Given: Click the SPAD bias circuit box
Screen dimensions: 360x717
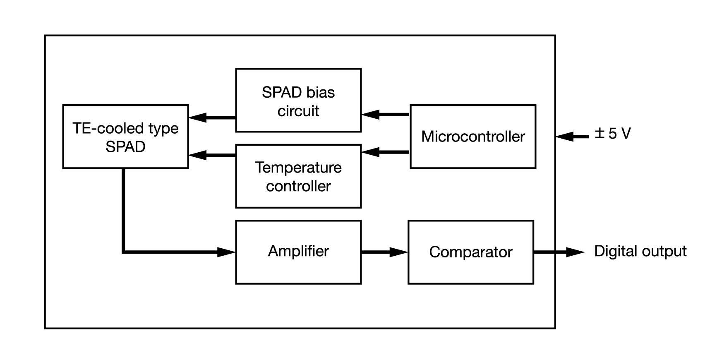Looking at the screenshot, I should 298,101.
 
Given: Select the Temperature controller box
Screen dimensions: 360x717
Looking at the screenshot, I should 298,177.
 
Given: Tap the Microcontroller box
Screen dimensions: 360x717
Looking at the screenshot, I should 472,137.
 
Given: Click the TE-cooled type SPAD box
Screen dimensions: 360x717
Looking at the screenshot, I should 125,137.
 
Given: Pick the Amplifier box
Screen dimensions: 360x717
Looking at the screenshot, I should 298,252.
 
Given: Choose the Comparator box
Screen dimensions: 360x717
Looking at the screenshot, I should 470,252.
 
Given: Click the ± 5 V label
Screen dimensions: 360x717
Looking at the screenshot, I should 613,134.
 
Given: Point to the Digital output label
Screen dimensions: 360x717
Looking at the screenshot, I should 640,251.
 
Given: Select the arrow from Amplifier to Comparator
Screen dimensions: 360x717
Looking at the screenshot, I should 384,252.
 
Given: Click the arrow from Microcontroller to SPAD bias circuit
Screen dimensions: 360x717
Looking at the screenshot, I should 385,114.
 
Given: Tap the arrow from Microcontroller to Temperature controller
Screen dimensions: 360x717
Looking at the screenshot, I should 385,152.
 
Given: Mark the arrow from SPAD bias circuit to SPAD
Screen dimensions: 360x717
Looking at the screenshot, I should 212,118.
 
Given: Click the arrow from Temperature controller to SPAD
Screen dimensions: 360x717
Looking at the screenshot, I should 212,155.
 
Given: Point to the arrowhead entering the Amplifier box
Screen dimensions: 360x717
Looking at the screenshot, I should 226,252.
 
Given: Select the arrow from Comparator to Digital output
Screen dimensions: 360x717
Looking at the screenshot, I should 559,252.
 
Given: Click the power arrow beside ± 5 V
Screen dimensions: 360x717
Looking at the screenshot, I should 572,136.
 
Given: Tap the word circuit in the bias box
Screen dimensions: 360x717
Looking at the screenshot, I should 298,111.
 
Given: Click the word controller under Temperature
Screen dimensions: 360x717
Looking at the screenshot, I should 298,186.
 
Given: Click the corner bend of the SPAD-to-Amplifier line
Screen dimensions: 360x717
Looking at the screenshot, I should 123,252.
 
